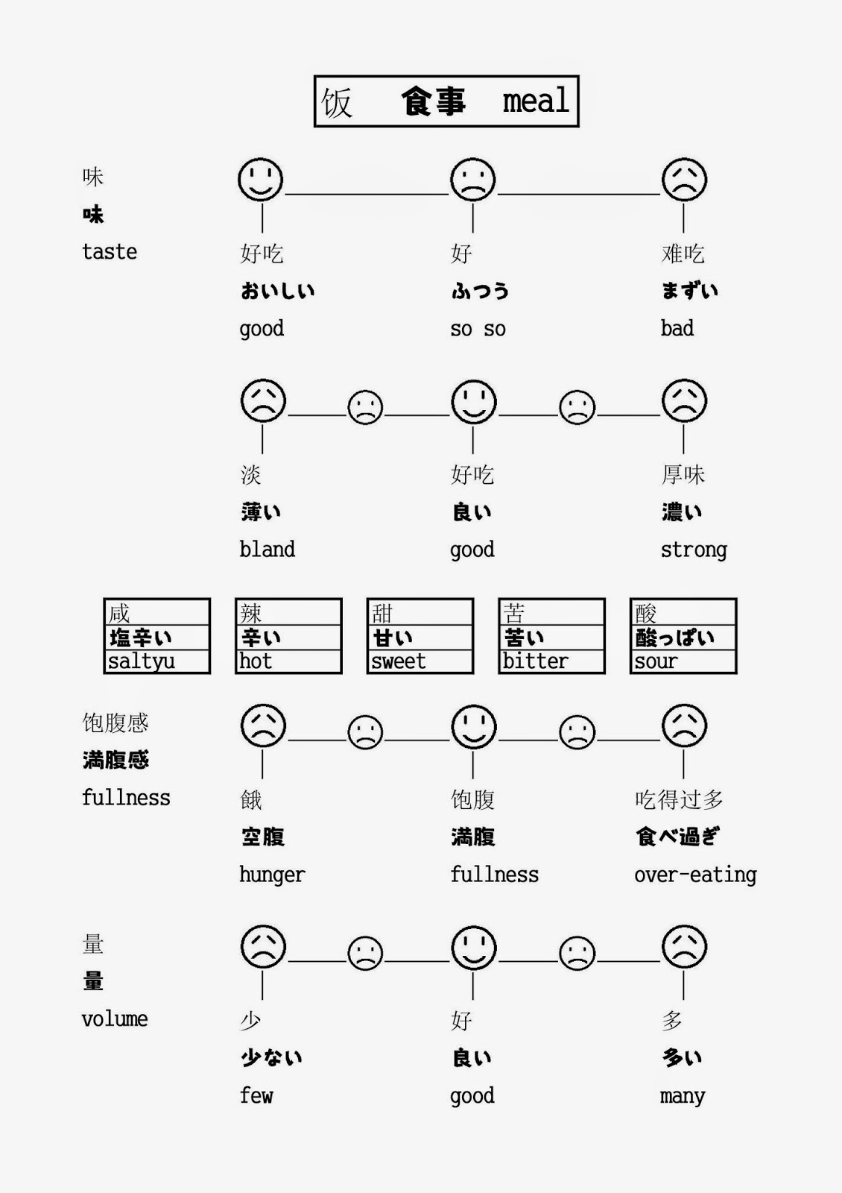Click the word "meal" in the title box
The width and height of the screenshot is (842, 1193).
pos(536,101)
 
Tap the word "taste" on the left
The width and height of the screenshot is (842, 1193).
pos(110,252)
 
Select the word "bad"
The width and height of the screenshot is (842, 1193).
pos(677,328)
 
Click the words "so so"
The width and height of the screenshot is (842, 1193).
pos(478,329)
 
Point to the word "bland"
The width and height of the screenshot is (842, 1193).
pos(267,550)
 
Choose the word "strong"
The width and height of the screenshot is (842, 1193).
pos(693,550)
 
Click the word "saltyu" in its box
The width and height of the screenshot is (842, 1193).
pos(142,661)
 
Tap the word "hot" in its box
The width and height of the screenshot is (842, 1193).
pos(256,661)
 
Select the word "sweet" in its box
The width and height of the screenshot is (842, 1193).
pos(399,661)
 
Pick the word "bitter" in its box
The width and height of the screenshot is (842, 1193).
pos(535,661)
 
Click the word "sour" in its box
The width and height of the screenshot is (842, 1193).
pos(656,661)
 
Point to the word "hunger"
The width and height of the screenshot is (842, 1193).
pos(272,875)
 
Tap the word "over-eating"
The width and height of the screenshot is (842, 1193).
pos(694,875)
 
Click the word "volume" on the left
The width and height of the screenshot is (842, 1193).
pos(115,1019)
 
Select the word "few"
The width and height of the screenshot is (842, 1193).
pos(256,1095)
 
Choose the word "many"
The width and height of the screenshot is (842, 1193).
pos(682,1096)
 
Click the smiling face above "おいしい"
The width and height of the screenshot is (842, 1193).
pos(260,180)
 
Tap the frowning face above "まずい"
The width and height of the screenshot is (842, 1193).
pos(684,180)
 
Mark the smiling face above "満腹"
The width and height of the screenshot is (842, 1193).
pos(473,726)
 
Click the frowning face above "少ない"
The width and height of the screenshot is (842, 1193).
pos(263,947)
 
